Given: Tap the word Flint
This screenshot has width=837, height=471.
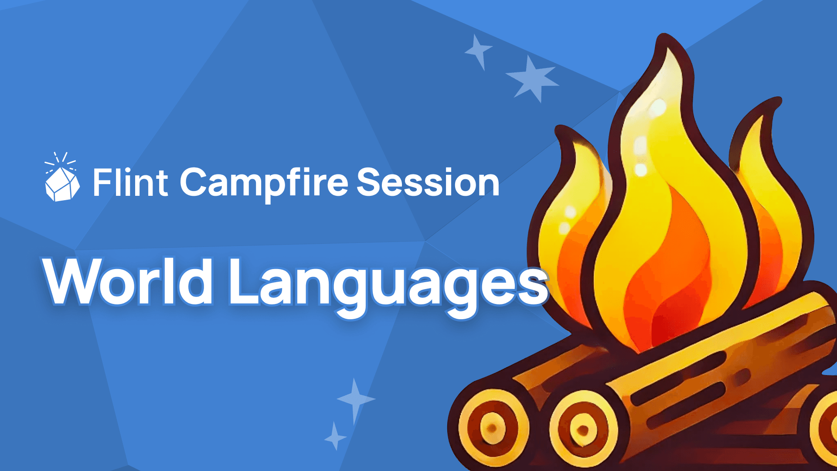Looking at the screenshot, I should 130,182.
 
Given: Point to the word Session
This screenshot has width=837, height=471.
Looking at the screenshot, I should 428,182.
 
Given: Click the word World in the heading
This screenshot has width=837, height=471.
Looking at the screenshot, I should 129,281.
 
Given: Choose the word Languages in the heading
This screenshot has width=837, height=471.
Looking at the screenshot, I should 388,283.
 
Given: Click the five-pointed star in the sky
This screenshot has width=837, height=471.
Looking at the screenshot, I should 532,79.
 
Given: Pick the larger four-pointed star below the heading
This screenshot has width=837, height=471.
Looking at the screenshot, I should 355,399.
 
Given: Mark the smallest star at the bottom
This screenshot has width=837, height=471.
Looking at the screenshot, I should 335,436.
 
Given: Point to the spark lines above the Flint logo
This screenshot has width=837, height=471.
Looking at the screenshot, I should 61,160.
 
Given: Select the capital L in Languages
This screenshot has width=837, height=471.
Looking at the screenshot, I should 244,281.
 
